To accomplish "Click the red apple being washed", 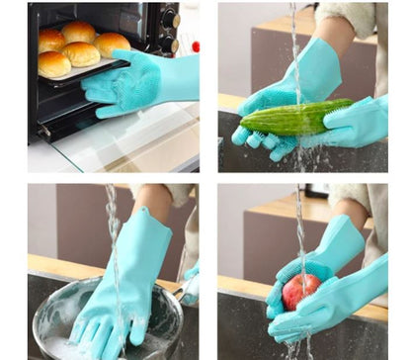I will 300,291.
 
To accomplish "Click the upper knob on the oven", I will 175,19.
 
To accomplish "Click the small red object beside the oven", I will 196,45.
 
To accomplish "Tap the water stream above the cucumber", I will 293,49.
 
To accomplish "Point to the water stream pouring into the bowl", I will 112,237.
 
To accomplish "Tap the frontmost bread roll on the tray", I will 54,65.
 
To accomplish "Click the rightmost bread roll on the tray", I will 112,44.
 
